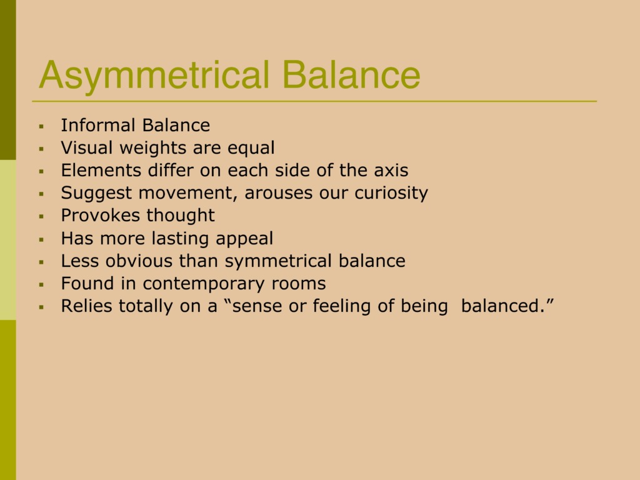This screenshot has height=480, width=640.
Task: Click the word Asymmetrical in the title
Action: (x=154, y=76)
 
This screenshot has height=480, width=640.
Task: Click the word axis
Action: (x=391, y=170)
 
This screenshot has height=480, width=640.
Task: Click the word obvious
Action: (x=139, y=261)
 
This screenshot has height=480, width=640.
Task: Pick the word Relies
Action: (x=86, y=306)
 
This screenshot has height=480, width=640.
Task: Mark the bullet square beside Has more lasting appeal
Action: (x=41, y=239)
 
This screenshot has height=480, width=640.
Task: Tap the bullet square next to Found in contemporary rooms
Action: (x=41, y=284)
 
